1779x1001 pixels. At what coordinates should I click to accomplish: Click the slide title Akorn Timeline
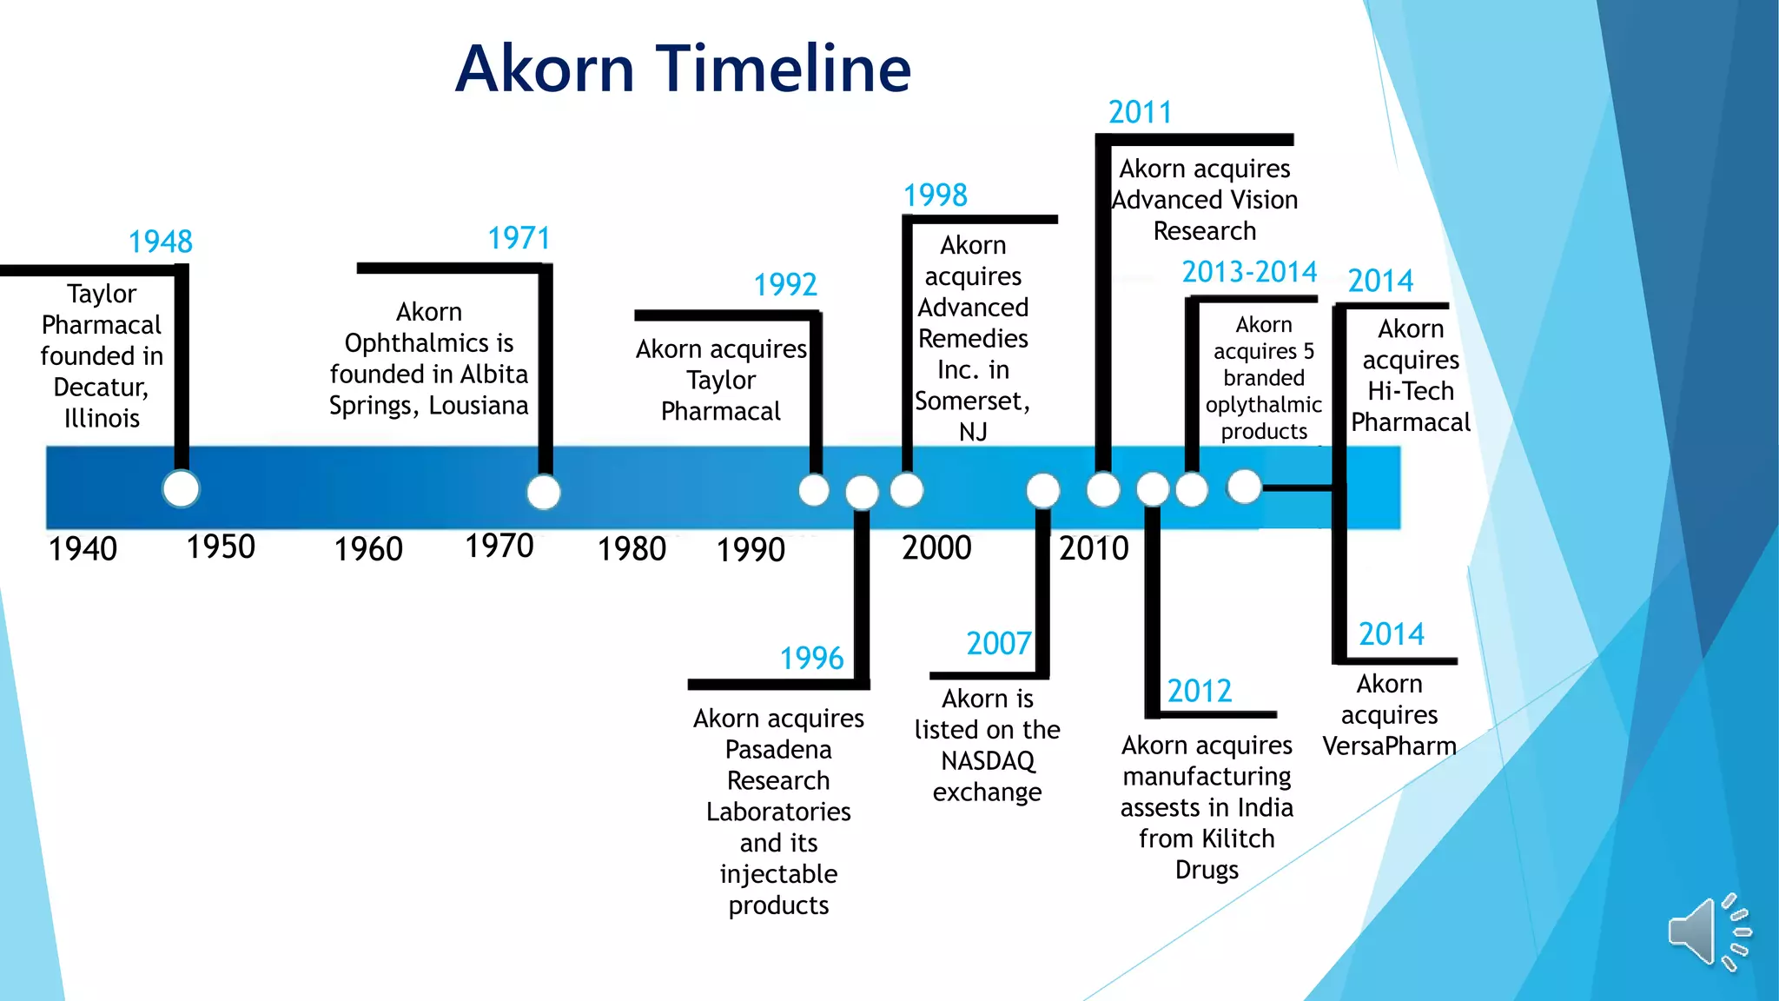point(684,69)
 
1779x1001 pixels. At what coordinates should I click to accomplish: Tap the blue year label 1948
point(161,242)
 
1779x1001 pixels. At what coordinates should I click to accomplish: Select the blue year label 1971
point(519,238)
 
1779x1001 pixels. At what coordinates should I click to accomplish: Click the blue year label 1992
point(785,285)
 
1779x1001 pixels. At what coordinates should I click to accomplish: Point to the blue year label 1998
point(935,196)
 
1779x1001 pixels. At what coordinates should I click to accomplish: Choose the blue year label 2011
point(1140,113)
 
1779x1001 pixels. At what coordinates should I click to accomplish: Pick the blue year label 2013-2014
point(1249,272)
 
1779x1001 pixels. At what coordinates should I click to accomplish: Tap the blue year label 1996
point(811,659)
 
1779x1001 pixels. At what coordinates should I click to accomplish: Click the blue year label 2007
point(999,644)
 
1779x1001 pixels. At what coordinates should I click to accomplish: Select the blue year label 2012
point(1200,692)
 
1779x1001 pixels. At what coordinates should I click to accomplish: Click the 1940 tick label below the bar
point(83,549)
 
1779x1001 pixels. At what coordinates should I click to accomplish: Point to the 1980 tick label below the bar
point(632,549)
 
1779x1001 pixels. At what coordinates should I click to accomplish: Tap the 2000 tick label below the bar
point(936,548)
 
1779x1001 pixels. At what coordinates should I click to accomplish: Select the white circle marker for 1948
point(181,488)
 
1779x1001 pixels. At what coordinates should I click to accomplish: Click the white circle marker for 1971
point(544,492)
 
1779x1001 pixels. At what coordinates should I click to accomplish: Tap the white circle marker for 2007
point(1042,490)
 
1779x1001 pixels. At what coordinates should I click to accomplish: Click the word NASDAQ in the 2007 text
point(988,761)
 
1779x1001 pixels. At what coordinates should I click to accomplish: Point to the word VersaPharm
point(1389,746)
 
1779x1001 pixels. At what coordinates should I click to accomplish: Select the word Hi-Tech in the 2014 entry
point(1410,391)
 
